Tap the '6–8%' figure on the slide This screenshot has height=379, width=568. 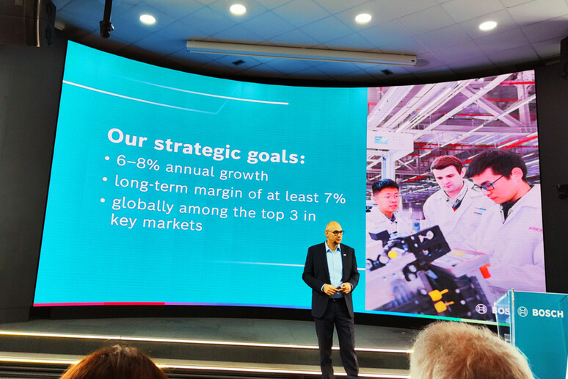point(138,162)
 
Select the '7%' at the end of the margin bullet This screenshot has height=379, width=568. point(335,198)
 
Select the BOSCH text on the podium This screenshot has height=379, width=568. point(547,314)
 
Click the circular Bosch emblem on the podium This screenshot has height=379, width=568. point(523,311)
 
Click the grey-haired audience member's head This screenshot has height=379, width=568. point(470,351)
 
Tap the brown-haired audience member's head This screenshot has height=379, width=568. point(114,364)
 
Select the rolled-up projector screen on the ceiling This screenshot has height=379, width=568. point(302,53)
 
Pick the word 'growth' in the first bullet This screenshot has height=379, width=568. point(244,175)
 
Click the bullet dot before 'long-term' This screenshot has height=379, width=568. point(105,179)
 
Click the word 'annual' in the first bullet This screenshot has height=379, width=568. point(190,170)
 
